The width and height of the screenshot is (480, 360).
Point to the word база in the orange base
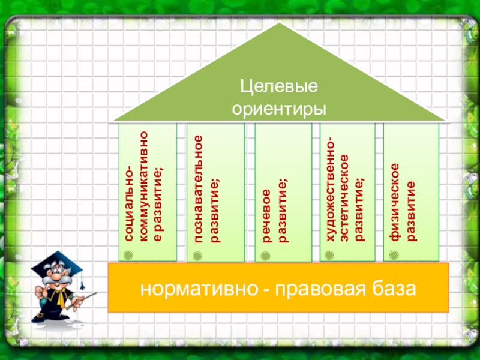pos(394,289)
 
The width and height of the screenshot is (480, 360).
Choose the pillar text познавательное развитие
pos(206,189)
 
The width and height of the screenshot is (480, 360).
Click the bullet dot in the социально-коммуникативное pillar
pos(127,256)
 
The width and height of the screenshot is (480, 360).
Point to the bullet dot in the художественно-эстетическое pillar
pos(329,256)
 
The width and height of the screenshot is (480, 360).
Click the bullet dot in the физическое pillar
pos(394,256)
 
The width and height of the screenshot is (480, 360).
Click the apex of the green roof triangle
pos(278,25)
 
